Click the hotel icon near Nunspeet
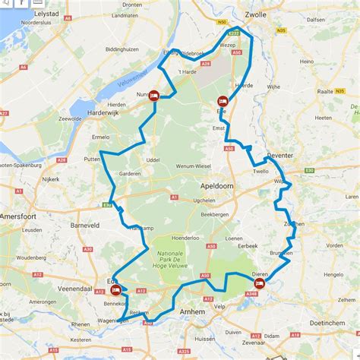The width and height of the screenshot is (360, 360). (153, 96)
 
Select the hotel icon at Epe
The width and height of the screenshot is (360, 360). (223, 101)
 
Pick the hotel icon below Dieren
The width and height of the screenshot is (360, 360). (259, 283)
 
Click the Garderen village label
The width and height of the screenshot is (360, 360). (131, 172)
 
